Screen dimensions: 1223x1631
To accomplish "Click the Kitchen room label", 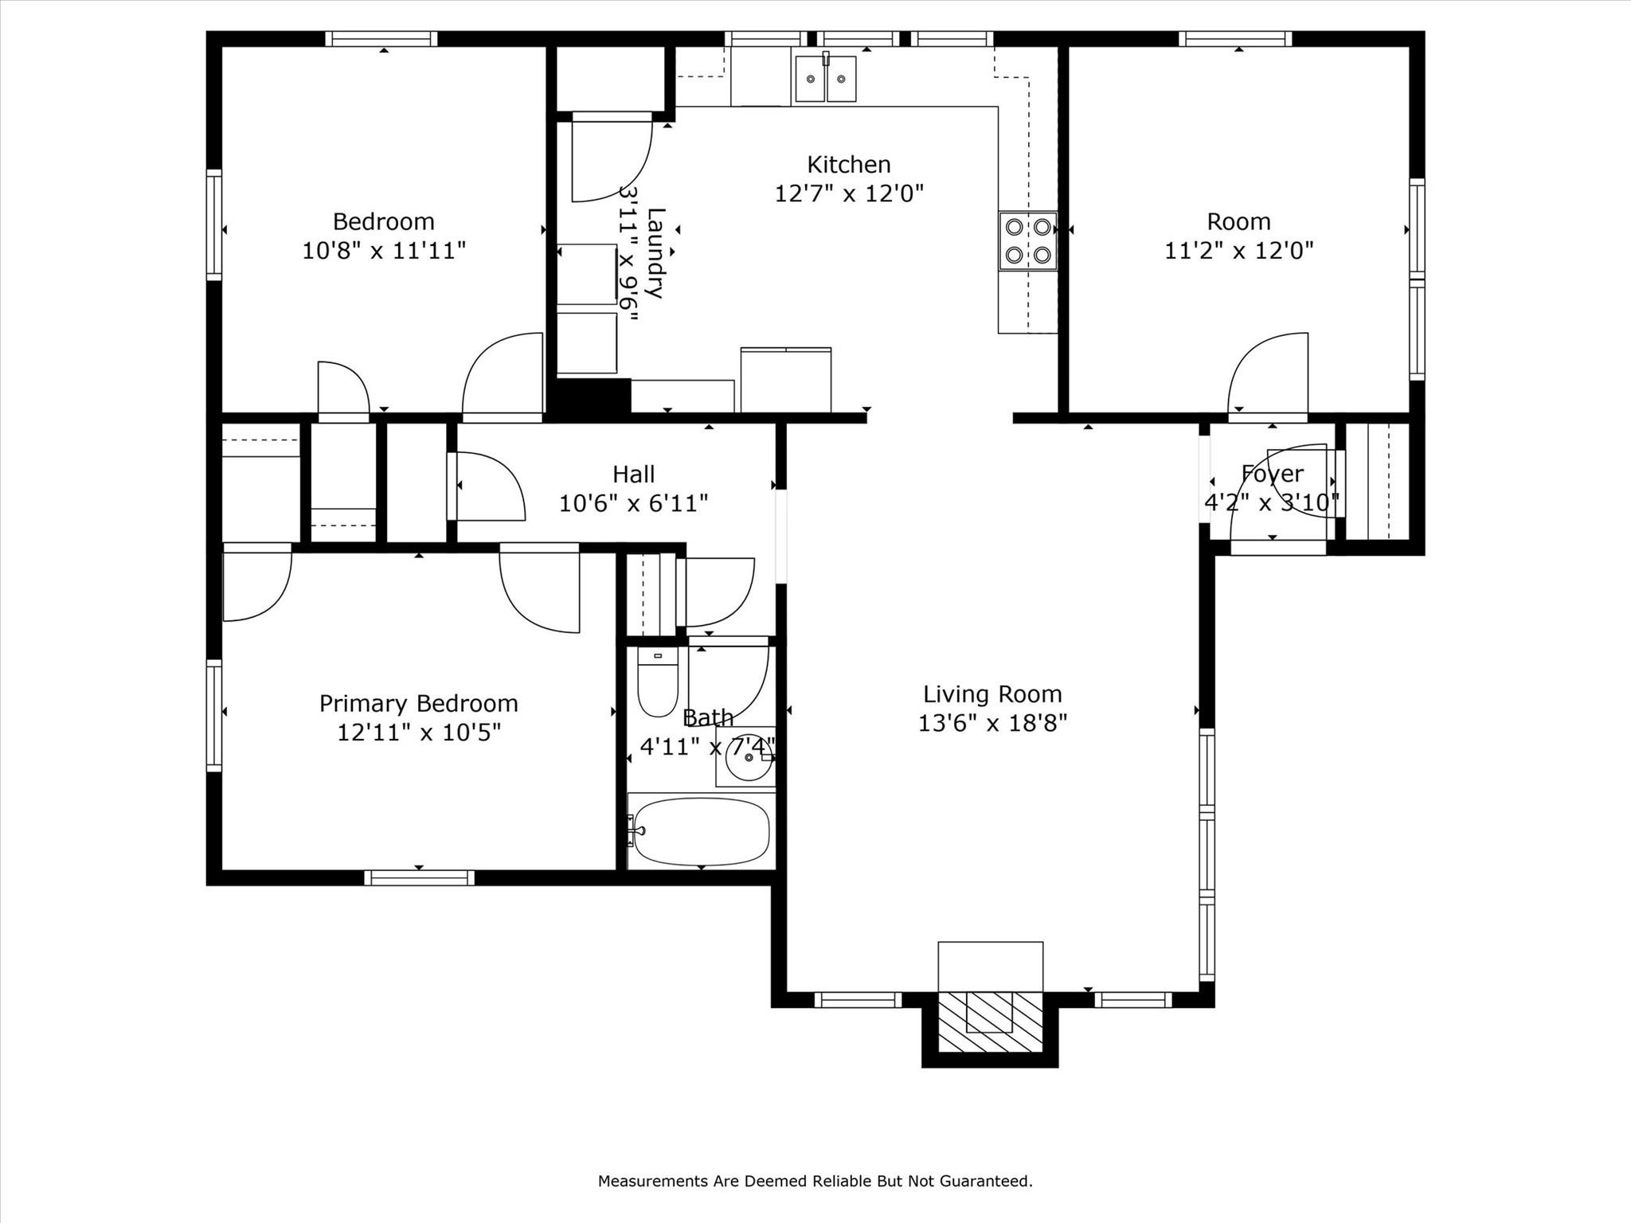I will [x=848, y=165].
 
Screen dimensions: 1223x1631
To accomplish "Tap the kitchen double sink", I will [x=825, y=79].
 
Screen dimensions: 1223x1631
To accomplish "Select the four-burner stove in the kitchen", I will [x=1028, y=241].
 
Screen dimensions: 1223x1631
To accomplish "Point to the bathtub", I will [x=701, y=831].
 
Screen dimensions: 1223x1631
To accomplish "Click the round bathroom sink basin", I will [x=748, y=759].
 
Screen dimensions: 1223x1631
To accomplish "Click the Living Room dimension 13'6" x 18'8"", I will [x=992, y=723].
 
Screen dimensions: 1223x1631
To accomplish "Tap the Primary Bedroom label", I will [x=418, y=703].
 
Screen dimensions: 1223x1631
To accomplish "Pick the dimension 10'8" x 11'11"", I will [x=383, y=251].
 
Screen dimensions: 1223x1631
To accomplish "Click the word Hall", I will [x=633, y=475].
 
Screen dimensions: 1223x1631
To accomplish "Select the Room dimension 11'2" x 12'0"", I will [x=1238, y=251].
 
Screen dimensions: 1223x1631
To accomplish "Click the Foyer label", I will [x=1272, y=474].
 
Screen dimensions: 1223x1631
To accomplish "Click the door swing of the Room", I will [x=1266, y=374].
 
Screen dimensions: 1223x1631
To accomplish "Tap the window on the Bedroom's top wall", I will [x=381, y=39].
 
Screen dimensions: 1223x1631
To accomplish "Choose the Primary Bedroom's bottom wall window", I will [x=419, y=877].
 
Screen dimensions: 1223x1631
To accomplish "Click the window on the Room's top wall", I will [x=1234, y=39].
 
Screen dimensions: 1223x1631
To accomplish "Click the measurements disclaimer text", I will [x=815, y=1181].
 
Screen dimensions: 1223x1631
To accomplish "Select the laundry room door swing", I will [x=612, y=159].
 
